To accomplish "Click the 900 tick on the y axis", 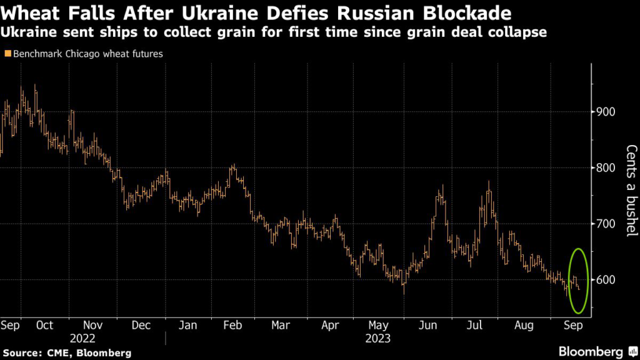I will pyautogui.click(x=606, y=112).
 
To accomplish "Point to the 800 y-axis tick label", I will pyautogui.click(x=606, y=167).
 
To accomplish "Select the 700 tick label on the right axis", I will pyautogui.click(x=606, y=224).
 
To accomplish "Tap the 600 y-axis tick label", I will pyautogui.click(x=606, y=279).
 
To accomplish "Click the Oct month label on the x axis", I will pyautogui.click(x=44, y=325).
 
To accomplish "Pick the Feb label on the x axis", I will pyautogui.click(x=232, y=325).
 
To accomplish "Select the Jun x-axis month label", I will pyautogui.click(x=429, y=325).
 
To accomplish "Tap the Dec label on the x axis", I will pyautogui.click(x=141, y=325).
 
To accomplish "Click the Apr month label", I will pyautogui.click(x=329, y=325).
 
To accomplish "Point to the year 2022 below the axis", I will pyautogui.click(x=82, y=339).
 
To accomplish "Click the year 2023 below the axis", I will pyautogui.click(x=377, y=339).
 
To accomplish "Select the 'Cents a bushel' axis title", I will pyautogui.click(x=631, y=191).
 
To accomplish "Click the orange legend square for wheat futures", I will pyautogui.click(x=7, y=54).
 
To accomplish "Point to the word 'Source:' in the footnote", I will pyautogui.click(x=23, y=353).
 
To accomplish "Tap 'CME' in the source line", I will pyautogui.click(x=61, y=353).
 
